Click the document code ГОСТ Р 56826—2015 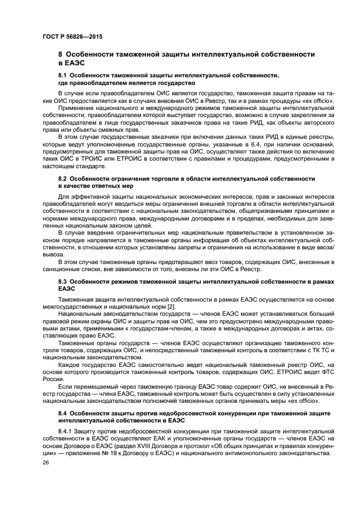(x=72, y=36)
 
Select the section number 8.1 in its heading (x=62, y=75)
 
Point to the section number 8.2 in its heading (x=62, y=179)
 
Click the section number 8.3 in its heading (x=62, y=281)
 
